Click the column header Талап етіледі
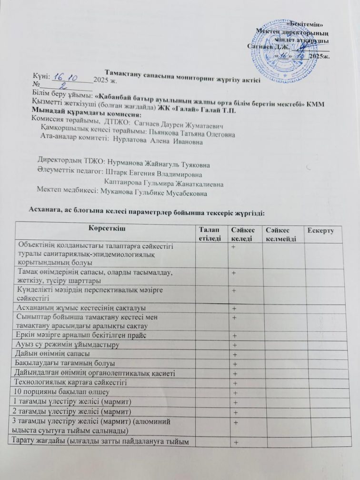[210, 234]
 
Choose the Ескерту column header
[321, 230]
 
